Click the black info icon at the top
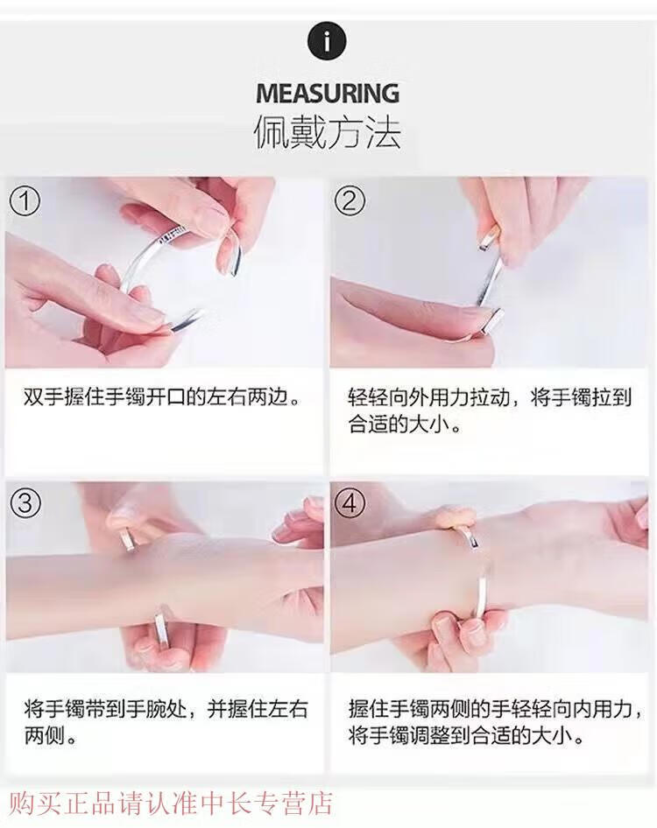(x=327, y=40)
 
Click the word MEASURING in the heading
(x=328, y=94)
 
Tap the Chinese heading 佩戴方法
(x=328, y=132)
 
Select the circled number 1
(x=25, y=201)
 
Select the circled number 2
(x=350, y=201)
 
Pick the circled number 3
(x=25, y=504)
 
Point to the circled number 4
(x=350, y=504)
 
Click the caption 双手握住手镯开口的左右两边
(x=162, y=397)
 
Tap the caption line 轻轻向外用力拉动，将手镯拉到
(x=490, y=397)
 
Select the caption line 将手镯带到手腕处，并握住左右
(x=166, y=708)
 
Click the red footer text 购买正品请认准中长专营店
(x=171, y=803)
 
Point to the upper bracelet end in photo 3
(x=126, y=540)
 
